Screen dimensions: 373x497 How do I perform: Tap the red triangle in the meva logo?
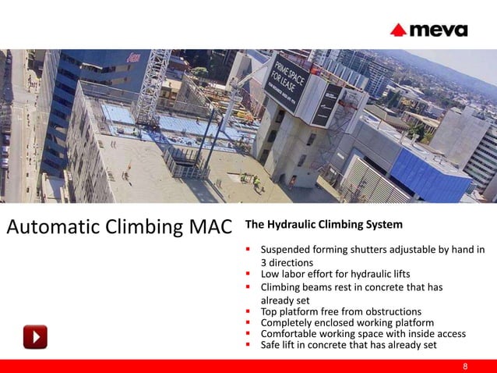click(398, 30)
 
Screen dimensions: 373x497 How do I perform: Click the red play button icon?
click(35, 336)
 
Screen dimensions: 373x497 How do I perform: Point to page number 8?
click(465, 366)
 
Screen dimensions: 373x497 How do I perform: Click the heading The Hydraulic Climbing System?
click(324, 226)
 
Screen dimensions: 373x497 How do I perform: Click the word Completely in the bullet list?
click(288, 322)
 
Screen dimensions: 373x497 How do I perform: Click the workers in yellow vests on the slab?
click(252, 179)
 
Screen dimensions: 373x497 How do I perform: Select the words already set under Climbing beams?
click(285, 300)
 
